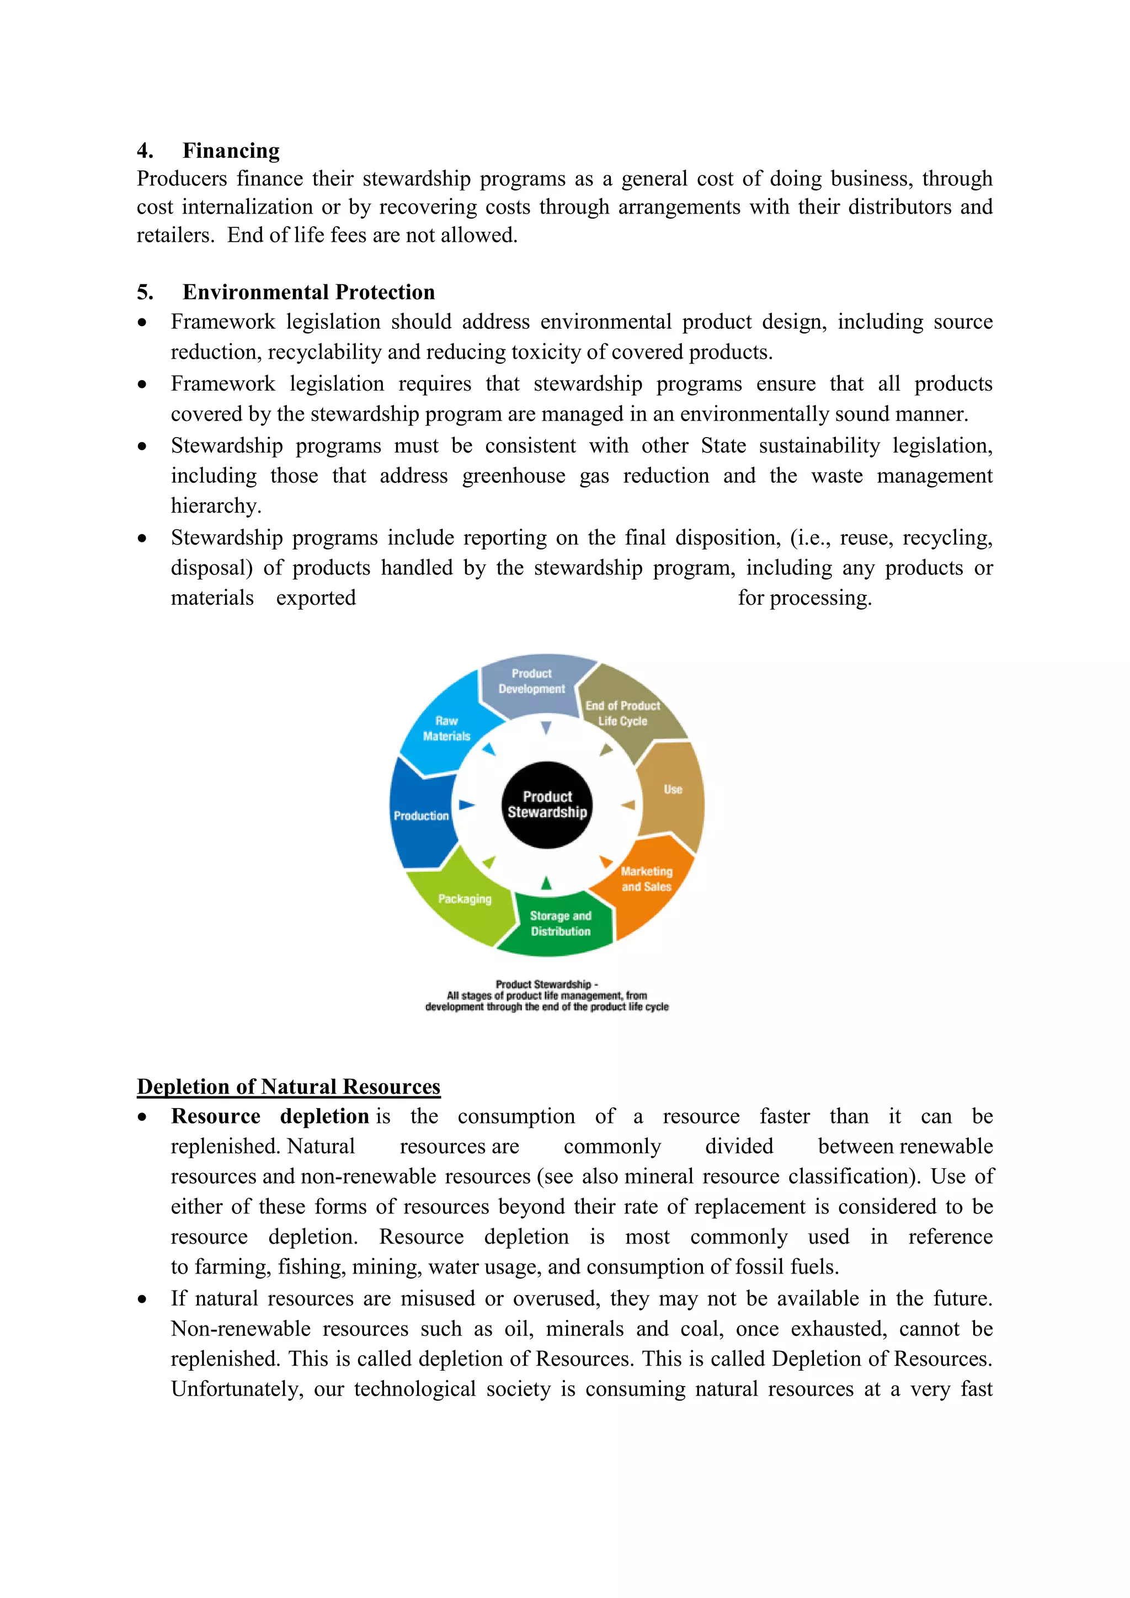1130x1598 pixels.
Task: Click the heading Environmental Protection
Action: coord(308,292)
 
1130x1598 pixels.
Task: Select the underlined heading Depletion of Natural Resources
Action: coord(288,1086)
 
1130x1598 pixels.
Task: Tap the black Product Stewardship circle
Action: coord(547,805)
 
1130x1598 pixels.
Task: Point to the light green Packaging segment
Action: coord(464,899)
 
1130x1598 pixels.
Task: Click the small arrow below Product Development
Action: coord(546,728)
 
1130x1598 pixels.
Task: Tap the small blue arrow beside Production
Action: coord(467,805)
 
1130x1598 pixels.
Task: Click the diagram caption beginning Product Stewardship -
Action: coord(547,995)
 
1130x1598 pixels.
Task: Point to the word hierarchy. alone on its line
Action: coord(216,506)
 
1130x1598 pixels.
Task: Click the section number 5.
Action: coord(145,292)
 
